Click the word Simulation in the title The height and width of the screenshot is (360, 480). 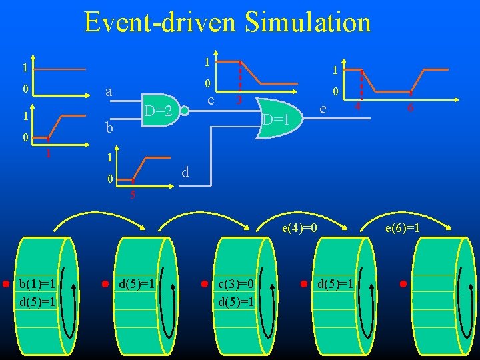pyautogui.click(x=307, y=23)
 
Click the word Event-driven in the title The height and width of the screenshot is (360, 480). pyautogui.click(x=159, y=23)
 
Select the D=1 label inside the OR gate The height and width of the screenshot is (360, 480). pyautogui.click(x=275, y=121)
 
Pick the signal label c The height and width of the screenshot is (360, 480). pyautogui.click(x=210, y=101)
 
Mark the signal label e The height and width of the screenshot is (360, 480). pyautogui.click(x=323, y=107)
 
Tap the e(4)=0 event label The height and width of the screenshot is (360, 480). pyautogui.click(x=299, y=229)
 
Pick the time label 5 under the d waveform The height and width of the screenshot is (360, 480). pyautogui.click(x=133, y=195)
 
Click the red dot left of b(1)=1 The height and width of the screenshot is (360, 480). pyautogui.click(x=5, y=284)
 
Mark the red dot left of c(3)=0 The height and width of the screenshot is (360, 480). pyautogui.click(x=204, y=284)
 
